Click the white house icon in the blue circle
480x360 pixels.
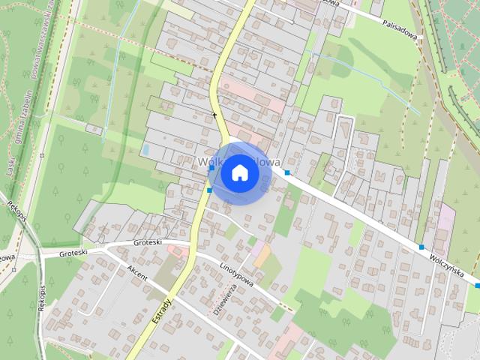(x=240, y=172)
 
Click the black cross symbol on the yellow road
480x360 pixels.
(x=214, y=115)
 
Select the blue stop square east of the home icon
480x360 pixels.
(x=287, y=173)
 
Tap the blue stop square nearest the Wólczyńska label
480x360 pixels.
(x=422, y=247)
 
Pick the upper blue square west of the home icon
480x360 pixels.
(x=211, y=169)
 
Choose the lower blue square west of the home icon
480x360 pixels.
(x=209, y=190)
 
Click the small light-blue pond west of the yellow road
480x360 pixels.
(x=145, y=150)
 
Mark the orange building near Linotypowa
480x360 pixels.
(x=262, y=256)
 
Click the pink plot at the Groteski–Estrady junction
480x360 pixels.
(x=177, y=250)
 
